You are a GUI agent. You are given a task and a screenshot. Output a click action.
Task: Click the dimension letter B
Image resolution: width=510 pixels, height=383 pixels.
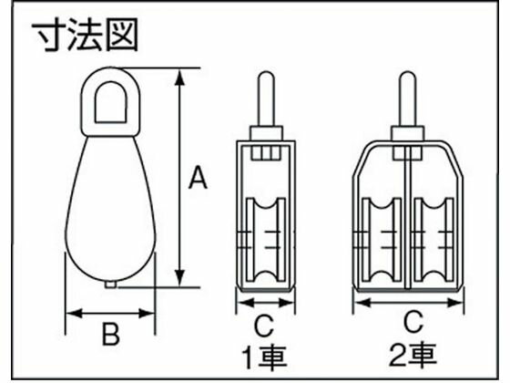[x=109, y=336]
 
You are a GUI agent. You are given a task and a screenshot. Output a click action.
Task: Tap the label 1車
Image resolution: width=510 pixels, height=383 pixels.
[x=263, y=352]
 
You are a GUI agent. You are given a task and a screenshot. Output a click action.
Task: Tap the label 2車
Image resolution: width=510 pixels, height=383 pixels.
[x=412, y=352]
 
